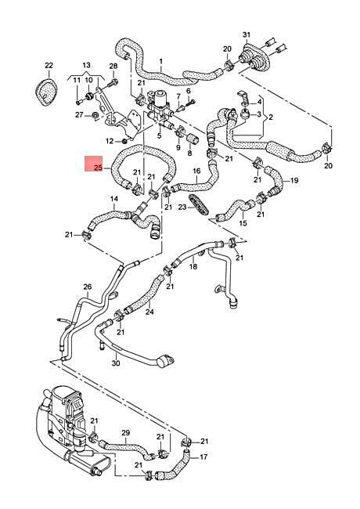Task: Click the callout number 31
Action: [x=247, y=34]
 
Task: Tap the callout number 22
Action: [x=49, y=65]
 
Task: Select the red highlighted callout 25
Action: [x=99, y=168]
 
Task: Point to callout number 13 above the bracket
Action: [x=86, y=65]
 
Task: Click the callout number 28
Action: [x=113, y=67]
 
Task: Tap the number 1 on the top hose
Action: [x=161, y=61]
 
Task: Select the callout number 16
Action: [x=196, y=171]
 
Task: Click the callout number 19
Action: [x=293, y=180]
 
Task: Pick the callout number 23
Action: [x=182, y=207]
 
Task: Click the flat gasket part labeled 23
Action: [x=199, y=204]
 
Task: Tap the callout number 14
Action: [x=114, y=198]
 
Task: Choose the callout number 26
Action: [x=88, y=287]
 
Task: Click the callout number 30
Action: [x=116, y=363]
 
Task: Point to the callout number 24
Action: [x=149, y=312]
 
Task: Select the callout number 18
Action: [x=193, y=266]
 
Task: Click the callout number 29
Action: [x=125, y=433]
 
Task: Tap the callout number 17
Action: [x=203, y=457]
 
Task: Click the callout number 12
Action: [x=110, y=141]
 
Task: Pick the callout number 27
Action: [x=79, y=114]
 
